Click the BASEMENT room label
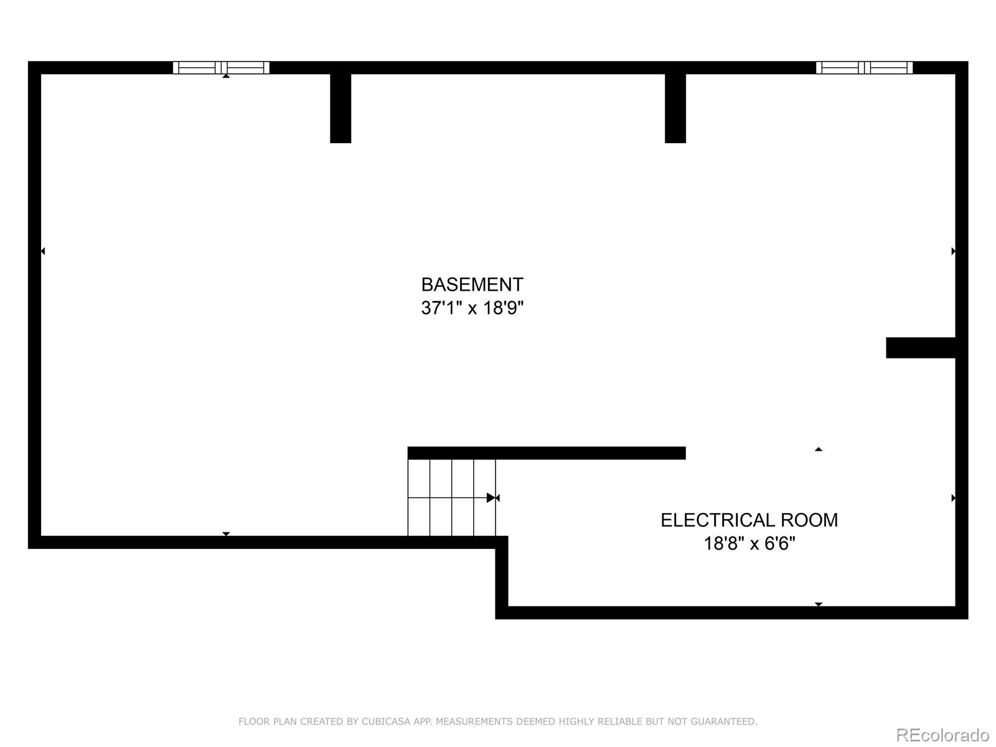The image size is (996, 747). pos(472,285)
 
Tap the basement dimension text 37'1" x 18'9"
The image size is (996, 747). pos(472,308)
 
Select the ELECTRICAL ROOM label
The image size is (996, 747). pos(749,520)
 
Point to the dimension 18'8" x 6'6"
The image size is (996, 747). pos(749,543)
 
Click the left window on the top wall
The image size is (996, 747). pos(221,68)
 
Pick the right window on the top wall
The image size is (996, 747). pos(864,68)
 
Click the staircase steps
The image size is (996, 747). pos(451,497)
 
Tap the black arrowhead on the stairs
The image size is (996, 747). pos(491,498)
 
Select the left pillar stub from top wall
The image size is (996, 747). pos(341,108)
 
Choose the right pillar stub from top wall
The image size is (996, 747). pos(675,108)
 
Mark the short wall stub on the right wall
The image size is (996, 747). pos(921,348)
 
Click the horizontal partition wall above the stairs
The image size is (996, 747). pos(547,453)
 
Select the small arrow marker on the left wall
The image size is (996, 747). pos(43,251)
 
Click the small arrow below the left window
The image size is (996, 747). pos(226,76)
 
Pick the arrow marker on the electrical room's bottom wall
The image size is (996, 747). pos(819,604)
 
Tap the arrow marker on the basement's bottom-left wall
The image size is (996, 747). pos(226,534)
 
